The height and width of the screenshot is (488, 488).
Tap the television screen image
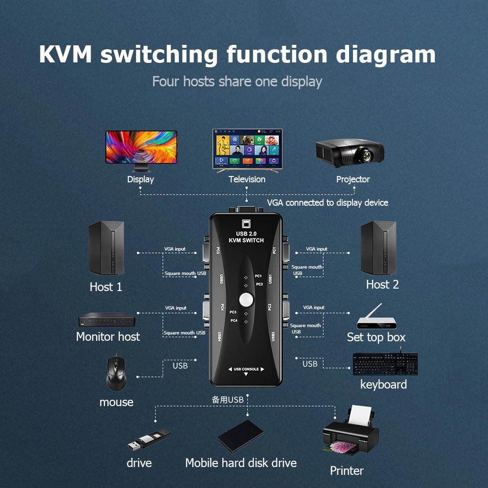coord(247,148)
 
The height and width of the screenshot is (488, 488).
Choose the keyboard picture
coord(385,364)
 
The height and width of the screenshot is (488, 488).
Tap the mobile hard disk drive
coord(240,436)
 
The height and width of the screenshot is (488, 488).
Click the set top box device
coord(375,320)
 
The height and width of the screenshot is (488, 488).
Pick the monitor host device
coord(107,320)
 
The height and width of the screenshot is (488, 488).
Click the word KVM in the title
coord(65,54)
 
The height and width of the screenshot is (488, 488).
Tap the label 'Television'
coord(247,179)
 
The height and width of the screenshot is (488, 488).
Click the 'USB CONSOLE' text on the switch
coord(246,369)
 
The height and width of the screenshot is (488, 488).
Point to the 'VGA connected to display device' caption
coord(327,202)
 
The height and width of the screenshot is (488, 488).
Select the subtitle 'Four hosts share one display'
coord(237,81)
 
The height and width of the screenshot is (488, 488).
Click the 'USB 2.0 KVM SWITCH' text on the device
coord(246,237)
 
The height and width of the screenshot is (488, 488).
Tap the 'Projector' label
coord(353,179)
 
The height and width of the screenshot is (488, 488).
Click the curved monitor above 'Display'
coord(141,147)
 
